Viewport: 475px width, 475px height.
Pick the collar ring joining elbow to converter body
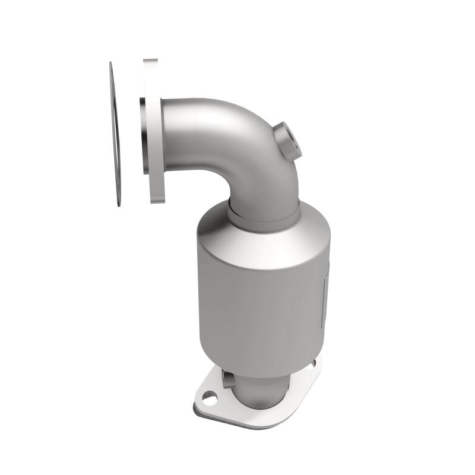[261, 217]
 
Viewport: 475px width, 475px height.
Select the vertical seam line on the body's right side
[325, 297]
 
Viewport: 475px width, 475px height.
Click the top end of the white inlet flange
[151, 61]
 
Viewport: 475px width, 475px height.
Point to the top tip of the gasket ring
[111, 64]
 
